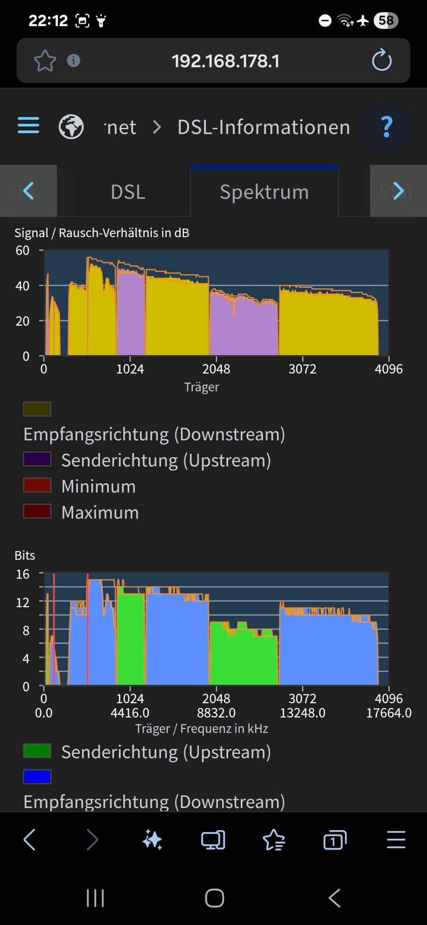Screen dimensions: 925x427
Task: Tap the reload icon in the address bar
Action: point(381,61)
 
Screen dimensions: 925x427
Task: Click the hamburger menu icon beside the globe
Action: point(28,126)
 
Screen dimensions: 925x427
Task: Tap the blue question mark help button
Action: point(386,127)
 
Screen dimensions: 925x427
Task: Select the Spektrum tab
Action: point(264,192)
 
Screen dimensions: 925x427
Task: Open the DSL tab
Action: point(128,192)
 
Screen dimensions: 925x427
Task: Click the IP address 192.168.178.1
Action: point(225,61)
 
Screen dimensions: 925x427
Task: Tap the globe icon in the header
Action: point(71,126)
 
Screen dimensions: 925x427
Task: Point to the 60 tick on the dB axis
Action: point(23,250)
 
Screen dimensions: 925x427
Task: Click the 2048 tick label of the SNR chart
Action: point(216,369)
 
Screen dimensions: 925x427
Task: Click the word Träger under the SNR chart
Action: point(202,387)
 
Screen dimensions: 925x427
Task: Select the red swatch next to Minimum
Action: point(37,486)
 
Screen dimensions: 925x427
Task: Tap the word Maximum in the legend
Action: point(100,513)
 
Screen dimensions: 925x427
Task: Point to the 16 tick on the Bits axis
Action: point(23,574)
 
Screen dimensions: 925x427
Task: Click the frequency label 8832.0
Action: point(216,713)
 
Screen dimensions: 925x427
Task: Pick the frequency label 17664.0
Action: point(389,713)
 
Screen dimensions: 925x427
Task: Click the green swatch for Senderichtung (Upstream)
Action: point(37,751)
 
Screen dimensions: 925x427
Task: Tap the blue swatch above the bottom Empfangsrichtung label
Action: point(37,777)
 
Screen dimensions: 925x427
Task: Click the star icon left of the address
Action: point(45,61)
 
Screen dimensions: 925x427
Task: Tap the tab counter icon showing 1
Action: point(335,841)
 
